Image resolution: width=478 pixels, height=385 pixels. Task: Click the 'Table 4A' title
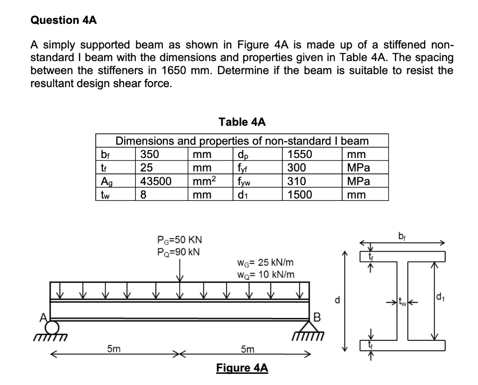point(242,122)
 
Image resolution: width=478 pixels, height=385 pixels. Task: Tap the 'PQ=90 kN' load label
point(179,252)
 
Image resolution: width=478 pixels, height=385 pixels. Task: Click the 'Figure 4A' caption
point(242,368)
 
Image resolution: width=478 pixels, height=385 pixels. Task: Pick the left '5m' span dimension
point(112,348)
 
